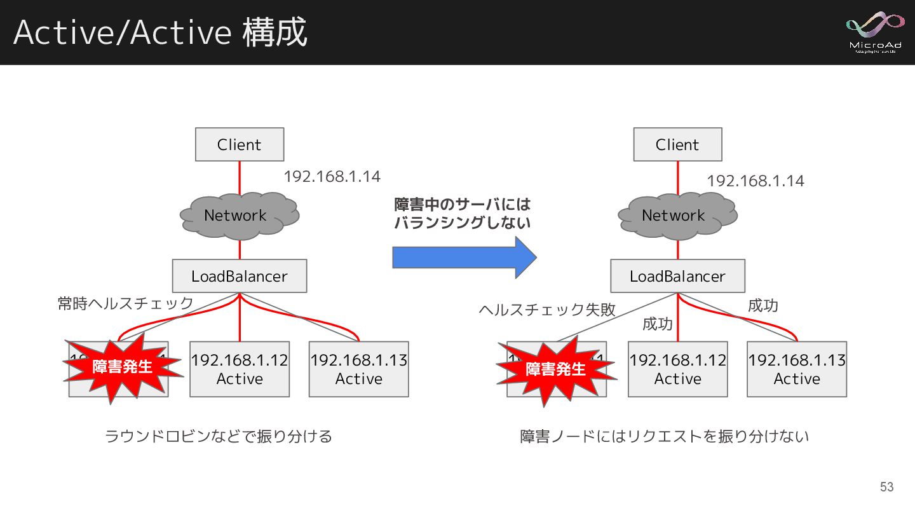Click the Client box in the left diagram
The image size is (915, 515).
pyautogui.click(x=239, y=144)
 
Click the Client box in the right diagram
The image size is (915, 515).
pyautogui.click(x=677, y=144)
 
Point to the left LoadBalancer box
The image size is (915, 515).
pyautogui.click(x=239, y=276)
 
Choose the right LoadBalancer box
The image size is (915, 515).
pyautogui.click(x=677, y=276)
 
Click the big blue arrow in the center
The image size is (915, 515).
pyautogui.click(x=464, y=257)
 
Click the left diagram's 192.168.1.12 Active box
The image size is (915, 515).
pyautogui.click(x=239, y=369)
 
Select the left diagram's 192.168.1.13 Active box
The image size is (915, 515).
pyautogui.click(x=358, y=369)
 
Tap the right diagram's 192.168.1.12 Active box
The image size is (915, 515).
pyautogui.click(x=677, y=369)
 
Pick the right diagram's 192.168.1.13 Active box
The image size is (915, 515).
pyautogui.click(x=797, y=369)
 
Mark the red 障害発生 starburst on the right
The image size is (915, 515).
pyautogui.click(x=555, y=369)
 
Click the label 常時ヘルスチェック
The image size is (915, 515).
pyautogui.click(x=125, y=303)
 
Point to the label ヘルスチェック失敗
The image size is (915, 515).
pyautogui.click(x=546, y=310)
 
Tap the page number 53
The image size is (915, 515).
pyautogui.click(x=886, y=487)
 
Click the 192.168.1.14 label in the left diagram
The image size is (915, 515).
pyautogui.click(x=332, y=176)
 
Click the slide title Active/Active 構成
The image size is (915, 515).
pyautogui.click(x=160, y=32)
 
